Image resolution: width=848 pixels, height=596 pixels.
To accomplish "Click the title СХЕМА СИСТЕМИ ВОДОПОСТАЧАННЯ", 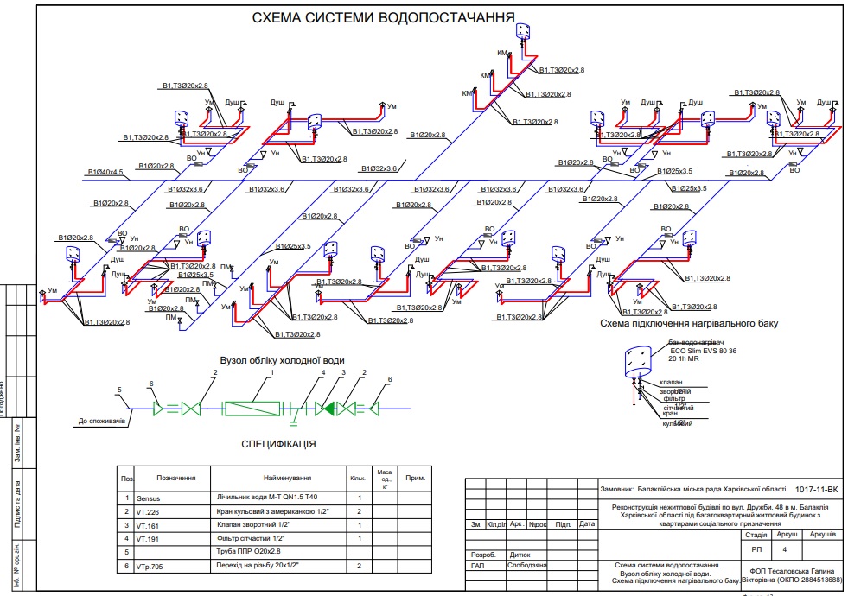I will pyautogui.click(x=383, y=16).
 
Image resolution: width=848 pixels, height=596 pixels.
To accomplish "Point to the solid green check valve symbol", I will pyautogui.click(x=325, y=407).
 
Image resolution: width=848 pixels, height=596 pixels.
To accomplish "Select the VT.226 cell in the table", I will pyautogui.click(x=149, y=511).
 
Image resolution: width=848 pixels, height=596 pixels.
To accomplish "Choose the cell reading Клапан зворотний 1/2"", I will pyautogui.click(x=260, y=524).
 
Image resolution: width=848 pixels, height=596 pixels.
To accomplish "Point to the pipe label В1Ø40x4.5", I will pyautogui.click(x=106, y=173).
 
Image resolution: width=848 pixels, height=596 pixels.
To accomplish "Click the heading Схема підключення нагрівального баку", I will pyautogui.click(x=689, y=323).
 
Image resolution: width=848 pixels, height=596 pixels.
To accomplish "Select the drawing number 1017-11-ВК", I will pyautogui.click(x=815, y=489).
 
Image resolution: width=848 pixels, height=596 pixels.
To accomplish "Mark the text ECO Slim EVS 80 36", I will pyautogui.click(x=703, y=351).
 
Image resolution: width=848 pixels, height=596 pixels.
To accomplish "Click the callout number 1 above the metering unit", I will pyautogui.click(x=271, y=372).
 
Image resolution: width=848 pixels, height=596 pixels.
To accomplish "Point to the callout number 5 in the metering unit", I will pyautogui.click(x=120, y=390).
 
